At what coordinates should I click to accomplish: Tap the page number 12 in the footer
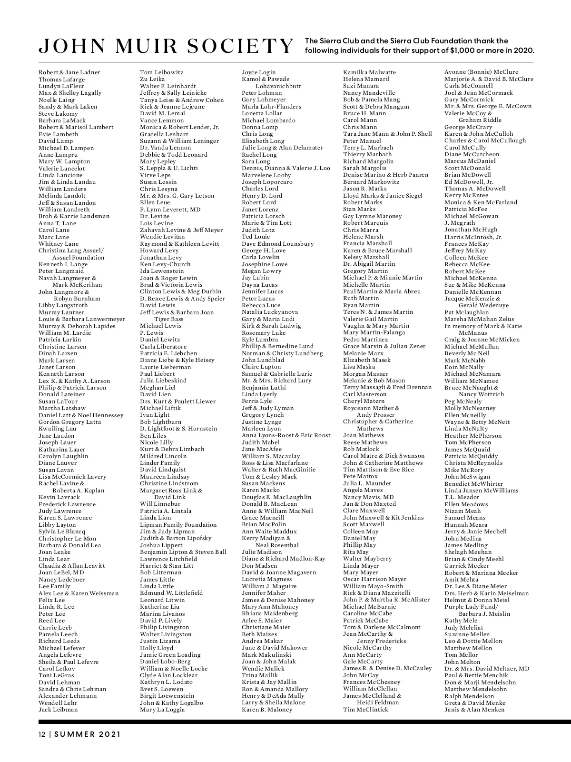point(42,734)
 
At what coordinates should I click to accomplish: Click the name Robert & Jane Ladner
point(69,72)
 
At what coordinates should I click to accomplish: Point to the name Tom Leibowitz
point(161,72)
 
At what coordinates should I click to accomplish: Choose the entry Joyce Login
point(258,72)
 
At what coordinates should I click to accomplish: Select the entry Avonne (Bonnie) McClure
point(481,72)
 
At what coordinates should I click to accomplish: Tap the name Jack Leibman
point(58,710)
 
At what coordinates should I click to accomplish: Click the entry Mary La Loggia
point(162,710)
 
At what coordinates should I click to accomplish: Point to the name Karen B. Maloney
point(267,710)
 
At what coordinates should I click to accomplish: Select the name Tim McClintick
point(365,710)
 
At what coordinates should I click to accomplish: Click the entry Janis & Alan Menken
point(474,710)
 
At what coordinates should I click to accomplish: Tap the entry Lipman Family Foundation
point(178,525)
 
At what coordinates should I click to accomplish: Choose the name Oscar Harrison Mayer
point(374,580)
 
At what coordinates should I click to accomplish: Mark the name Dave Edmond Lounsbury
point(277,244)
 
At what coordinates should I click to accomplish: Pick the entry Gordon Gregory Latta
point(69,422)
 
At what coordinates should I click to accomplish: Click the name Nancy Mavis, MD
point(368,497)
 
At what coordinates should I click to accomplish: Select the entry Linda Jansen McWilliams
point(481,491)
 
